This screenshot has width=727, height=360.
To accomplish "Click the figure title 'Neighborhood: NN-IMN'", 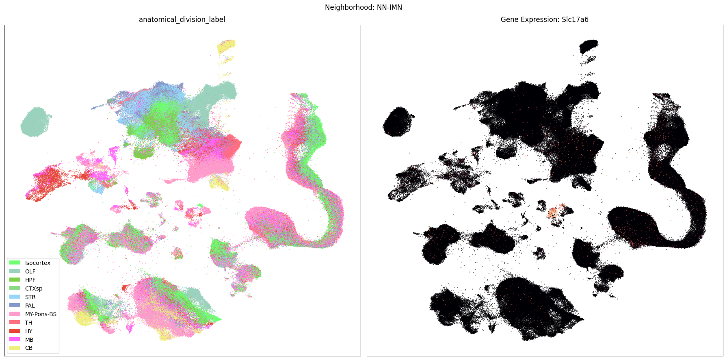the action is point(363,7).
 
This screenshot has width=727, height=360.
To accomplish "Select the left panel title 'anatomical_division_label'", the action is point(182,20).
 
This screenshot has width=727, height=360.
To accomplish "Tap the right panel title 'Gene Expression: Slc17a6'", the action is point(544,20).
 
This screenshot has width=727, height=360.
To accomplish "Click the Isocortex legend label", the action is point(38,263).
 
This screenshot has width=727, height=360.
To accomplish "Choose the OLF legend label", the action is point(30,271).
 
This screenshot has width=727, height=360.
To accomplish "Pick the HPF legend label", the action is point(30,280).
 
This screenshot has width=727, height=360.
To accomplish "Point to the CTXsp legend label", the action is point(34,288).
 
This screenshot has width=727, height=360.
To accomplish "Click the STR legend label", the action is point(30,297).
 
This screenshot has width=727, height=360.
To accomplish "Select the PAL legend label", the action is point(30,306).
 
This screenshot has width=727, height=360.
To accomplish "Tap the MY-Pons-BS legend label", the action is point(41,314).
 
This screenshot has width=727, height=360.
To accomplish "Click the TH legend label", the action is point(28,323).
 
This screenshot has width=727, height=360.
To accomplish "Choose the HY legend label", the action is point(28,331).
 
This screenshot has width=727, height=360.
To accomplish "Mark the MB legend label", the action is point(29,340).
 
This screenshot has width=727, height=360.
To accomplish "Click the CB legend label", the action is point(28,348).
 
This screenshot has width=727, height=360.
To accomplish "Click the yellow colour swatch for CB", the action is point(15,348).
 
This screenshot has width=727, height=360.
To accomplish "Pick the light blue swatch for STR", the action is point(15,297).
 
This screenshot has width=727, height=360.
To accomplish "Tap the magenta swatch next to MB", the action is point(15,340).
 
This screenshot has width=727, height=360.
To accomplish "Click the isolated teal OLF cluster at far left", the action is point(36,121).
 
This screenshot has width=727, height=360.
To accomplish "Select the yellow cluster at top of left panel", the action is point(226,46).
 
